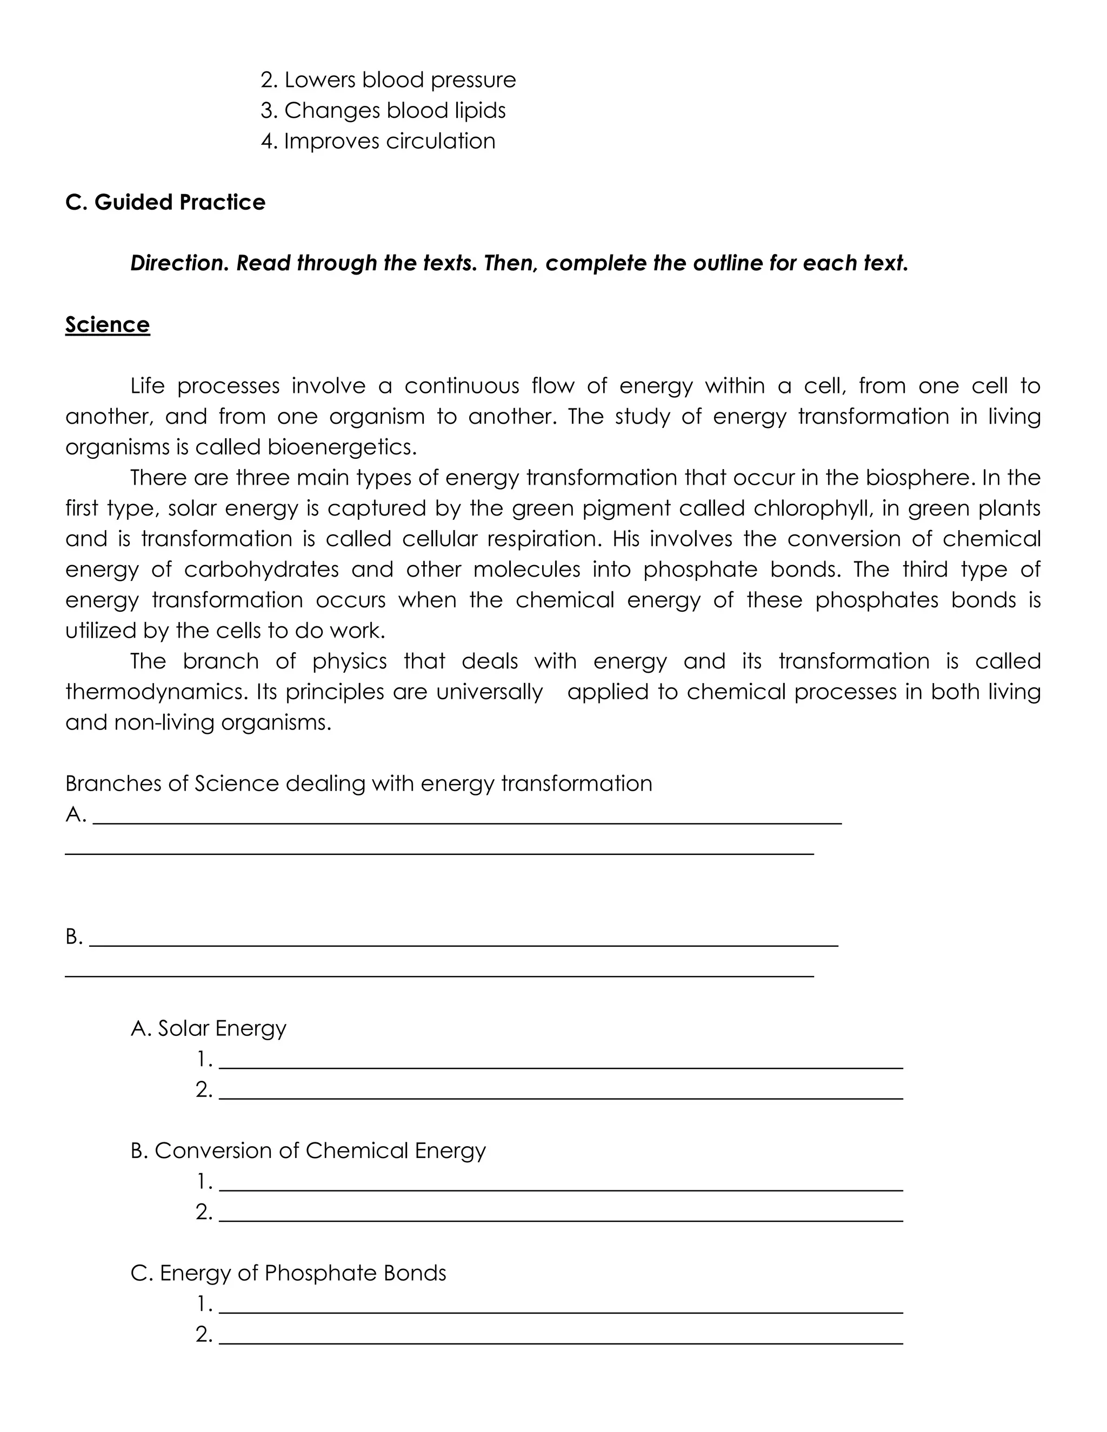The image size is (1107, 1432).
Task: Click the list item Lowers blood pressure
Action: pyautogui.click(x=388, y=80)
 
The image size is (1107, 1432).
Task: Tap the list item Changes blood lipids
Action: pyautogui.click(x=383, y=110)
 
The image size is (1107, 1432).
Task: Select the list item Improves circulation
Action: pyautogui.click(x=378, y=141)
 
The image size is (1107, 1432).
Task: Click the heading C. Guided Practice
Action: pyautogui.click(x=165, y=202)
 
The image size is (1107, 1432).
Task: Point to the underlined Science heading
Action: pyautogui.click(x=108, y=325)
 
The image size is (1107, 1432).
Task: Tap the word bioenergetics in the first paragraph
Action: pyautogui.click(x=341, y=447)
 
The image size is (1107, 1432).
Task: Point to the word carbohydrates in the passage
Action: pyautogui.click(x=261, y=569)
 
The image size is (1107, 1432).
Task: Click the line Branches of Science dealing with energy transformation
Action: pyautogui.click(x=359, y=784)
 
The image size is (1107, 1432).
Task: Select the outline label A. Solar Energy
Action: pyautogui.click(x=209, y=1028)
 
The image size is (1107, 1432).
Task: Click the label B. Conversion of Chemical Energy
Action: pyautogui.click(x=308, y=1150)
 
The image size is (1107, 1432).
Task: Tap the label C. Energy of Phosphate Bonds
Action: pyautogui.click(x=289, y=1273)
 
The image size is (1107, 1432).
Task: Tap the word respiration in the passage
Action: pyautogui.click(x=533, y=539)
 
